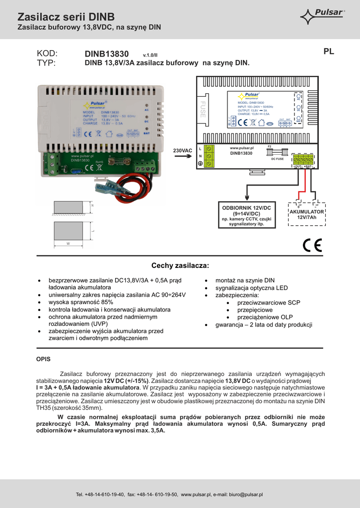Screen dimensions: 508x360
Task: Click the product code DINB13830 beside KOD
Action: pyautogui.click(x=107, y=54)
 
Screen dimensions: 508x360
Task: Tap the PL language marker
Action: pyautogui.click(x=328, y=51)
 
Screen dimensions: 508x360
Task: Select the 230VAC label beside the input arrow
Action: pyautogui.click(x=182, y=150)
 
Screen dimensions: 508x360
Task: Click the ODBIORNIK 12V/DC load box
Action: pyautogui.click(x=246, y=215)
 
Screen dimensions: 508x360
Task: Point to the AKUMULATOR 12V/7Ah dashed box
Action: pyautogui.click(x=306, y=214)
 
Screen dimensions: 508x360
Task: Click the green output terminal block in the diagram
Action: pyautogui.click(x=303, y=160)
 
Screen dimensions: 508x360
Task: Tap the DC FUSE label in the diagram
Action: pyautogui.click(x=277, y=159)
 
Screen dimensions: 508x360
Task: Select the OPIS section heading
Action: pyautogui.click(x=44, y=359)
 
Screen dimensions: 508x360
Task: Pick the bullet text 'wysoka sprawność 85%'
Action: pyautogui.click(x=81, y=302)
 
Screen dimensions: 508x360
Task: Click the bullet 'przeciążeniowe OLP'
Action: pyautogui.click(x=265, y=317)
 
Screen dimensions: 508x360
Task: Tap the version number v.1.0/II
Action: pyautogui.click(x=150, y=55)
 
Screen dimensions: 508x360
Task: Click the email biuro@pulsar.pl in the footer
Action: pyautogui.click(x=247, y=495)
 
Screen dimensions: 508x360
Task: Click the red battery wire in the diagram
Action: pyautogui.click(x=298, y=184)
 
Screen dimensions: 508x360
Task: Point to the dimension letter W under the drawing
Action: pyautogui.click(x=68, y=243)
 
